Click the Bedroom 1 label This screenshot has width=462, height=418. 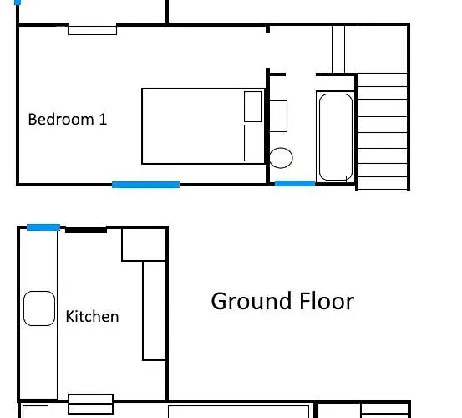(x=68, y=119)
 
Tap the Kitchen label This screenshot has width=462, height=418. (x=92, y=316)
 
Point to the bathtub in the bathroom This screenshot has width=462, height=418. (x=336, y=137)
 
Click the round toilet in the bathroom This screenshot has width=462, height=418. (x=281, y=158)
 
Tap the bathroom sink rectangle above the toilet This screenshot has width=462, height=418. (x=278, y=116)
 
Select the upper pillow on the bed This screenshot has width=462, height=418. (x=253, y=106)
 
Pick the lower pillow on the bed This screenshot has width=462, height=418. (x=253, y=143)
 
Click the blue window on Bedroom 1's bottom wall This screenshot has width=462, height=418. (x=146, y=185)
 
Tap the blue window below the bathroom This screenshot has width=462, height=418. (x=295, y=184)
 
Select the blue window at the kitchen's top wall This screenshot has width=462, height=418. (x=43, y=227)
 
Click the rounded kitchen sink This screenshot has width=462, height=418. (x=39, y=308)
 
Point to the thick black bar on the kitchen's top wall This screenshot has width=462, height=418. (x=86, y=230)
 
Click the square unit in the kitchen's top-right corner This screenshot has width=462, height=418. (x=144, y=244)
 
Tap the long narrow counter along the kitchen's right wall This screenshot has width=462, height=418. (x=154, y=311)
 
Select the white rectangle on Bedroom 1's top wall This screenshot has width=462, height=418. (x=92, y=31)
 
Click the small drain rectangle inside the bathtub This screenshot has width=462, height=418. (x=337, y=179)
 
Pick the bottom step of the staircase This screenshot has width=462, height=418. (x=383, y=183)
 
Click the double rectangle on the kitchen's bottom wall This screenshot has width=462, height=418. (x=91, y=404)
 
